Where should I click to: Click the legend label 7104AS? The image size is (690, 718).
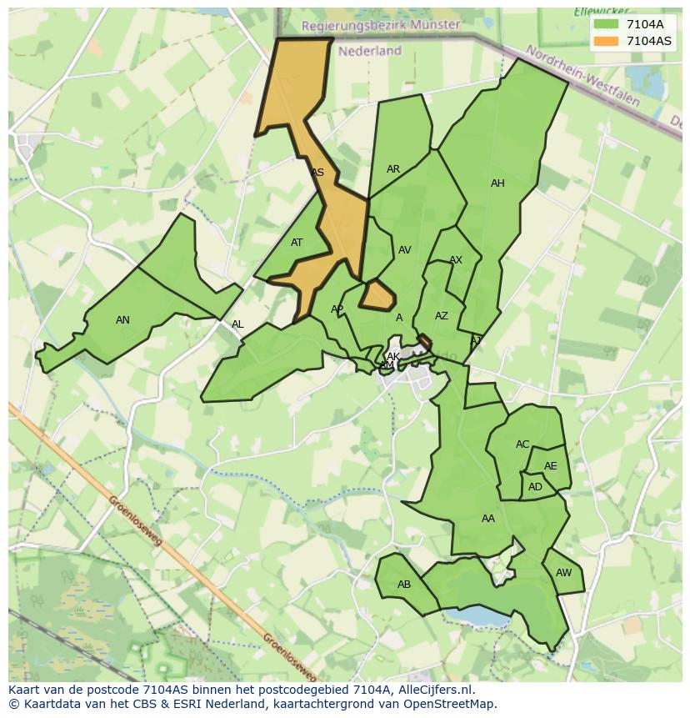[648, 40]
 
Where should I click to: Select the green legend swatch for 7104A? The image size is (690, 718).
[607, 24]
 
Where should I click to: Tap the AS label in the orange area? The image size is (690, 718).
[317, 173]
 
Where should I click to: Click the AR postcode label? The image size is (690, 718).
[393, 169]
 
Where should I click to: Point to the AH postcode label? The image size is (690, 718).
[497, 183]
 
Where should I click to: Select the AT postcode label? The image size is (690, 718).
[297, 244]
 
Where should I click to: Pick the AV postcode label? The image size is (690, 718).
[405, 250]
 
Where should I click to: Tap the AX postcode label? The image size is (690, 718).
[456, 261]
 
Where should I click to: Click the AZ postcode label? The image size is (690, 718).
[442, 316]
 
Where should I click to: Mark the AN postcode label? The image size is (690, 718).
[122, 320]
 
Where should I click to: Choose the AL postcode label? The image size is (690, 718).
[237, 325]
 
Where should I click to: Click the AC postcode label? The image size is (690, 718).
[522, 444]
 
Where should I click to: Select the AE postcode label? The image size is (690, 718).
[550, 467]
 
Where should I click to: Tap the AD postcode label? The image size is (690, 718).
[535, 487]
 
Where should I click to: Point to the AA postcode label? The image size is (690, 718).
[488, 519]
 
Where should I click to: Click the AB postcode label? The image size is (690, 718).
[404, 585]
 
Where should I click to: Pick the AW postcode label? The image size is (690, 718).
[563, 573]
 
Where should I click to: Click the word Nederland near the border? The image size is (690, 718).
[370, 51]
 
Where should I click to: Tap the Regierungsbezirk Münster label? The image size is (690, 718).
[380, 26]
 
